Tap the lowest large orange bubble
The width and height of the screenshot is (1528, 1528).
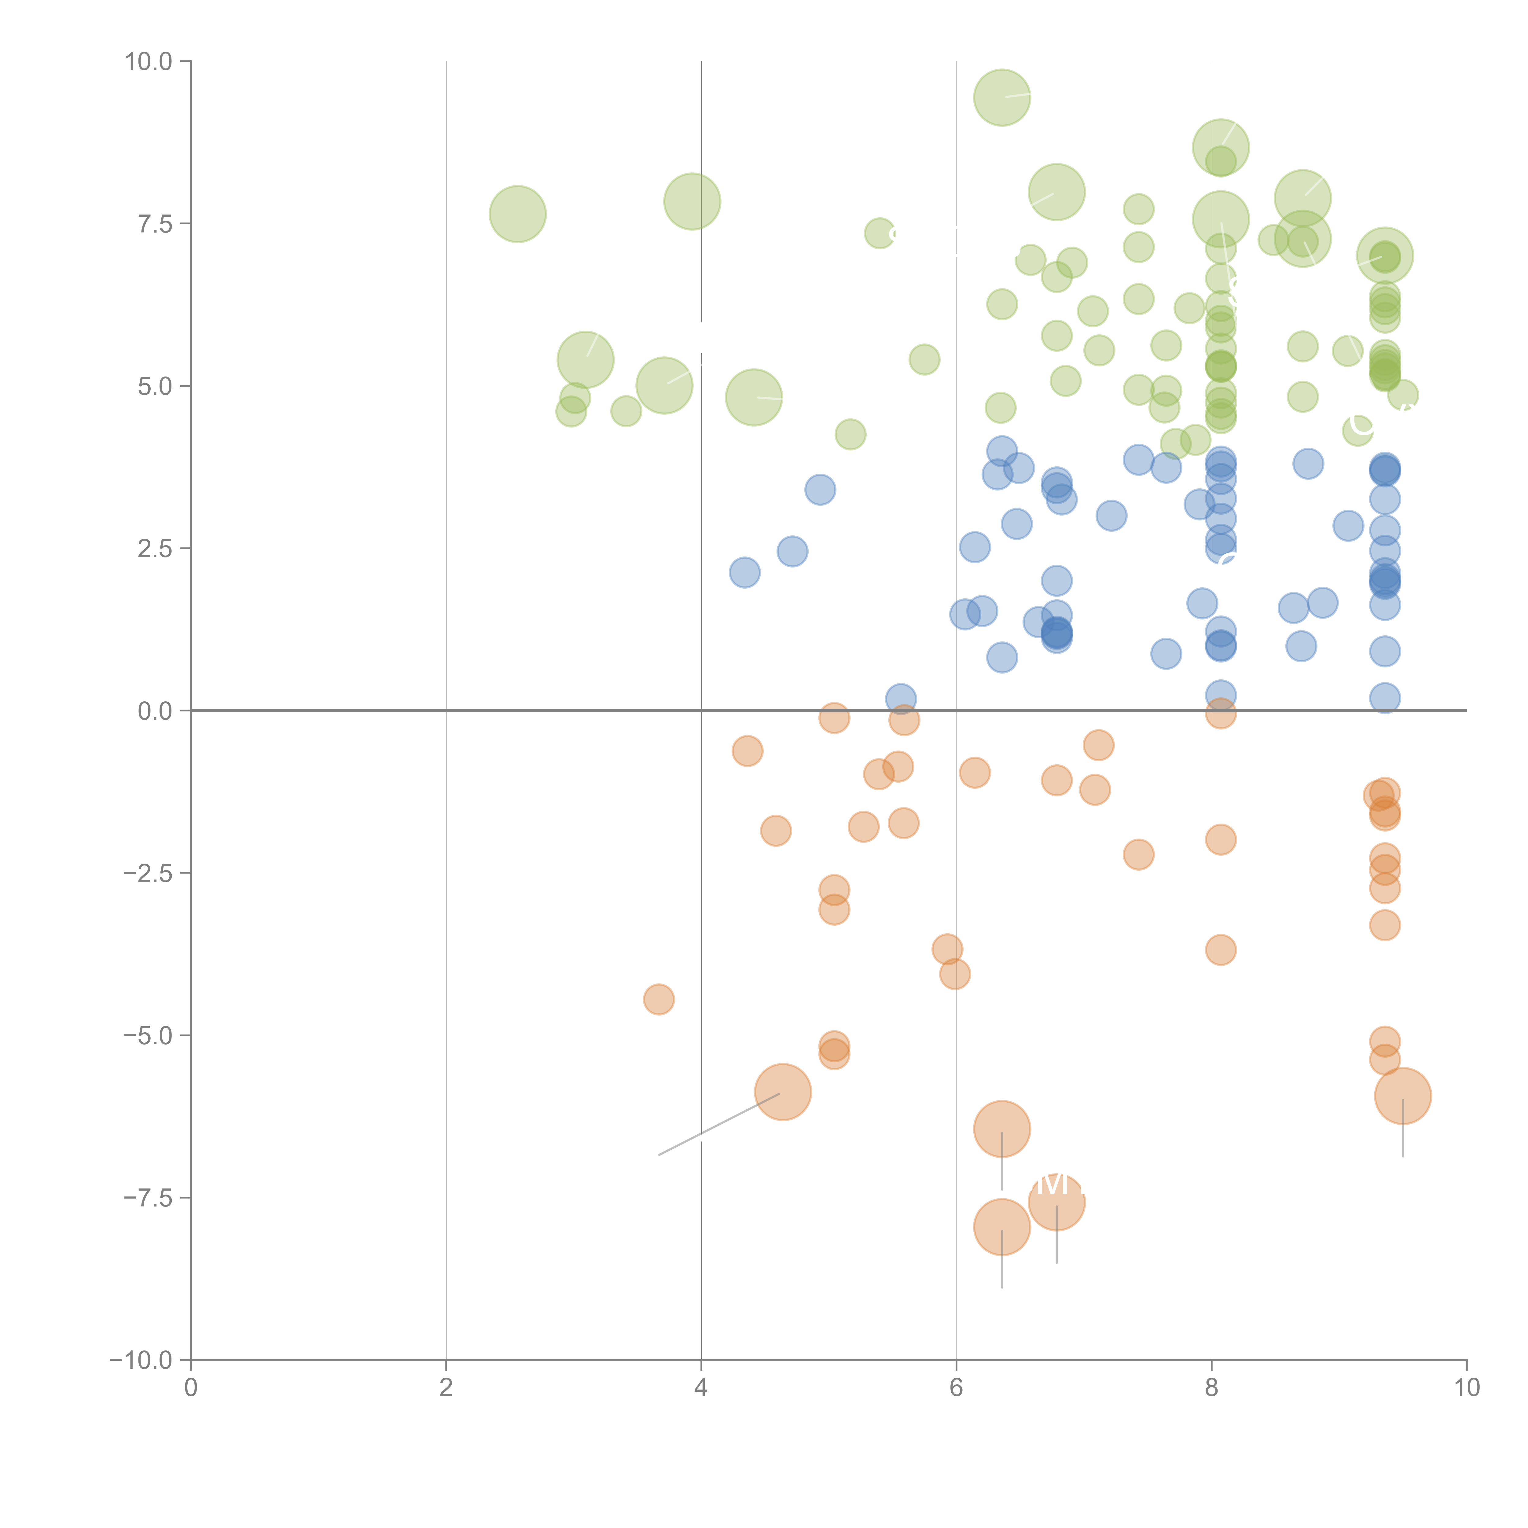1002,1227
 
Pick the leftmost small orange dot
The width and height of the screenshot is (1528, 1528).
659,1000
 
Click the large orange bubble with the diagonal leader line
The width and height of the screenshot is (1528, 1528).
783,1092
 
